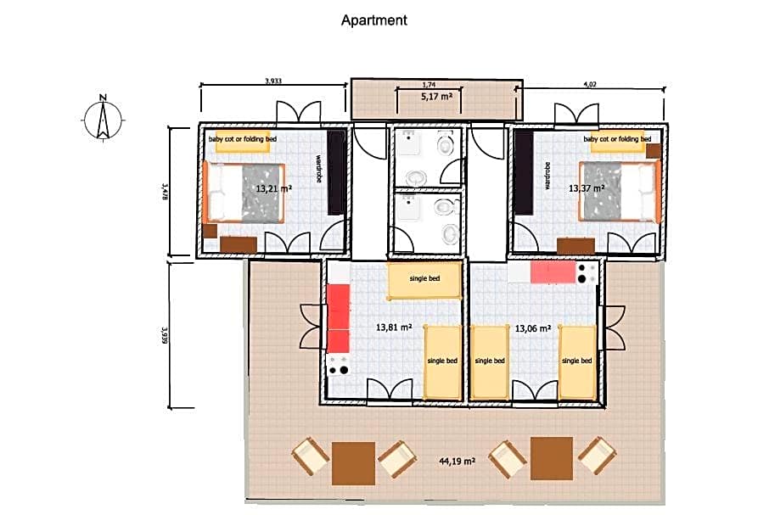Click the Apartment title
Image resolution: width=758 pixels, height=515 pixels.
point(374,20)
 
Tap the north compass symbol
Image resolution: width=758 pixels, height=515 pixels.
point(103,118)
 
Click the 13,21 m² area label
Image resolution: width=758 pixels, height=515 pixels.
point(273,188)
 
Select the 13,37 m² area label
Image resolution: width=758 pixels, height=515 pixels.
point(587,188)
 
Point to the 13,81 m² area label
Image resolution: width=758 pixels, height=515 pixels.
point(394,327)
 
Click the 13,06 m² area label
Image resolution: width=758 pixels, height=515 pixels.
point(533,328)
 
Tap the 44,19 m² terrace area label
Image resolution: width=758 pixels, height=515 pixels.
point(457,462)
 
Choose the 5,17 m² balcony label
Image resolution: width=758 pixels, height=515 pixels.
point(436,97)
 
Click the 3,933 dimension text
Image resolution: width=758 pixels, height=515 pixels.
point(273,81)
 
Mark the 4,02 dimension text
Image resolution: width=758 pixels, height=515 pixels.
point(590,84)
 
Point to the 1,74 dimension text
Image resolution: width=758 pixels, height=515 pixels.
point(429,85)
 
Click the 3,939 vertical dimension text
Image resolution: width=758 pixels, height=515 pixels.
point(165,335)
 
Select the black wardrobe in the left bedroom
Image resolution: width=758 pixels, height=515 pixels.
point(336,172)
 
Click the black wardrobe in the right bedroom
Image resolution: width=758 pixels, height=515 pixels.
point(524,172)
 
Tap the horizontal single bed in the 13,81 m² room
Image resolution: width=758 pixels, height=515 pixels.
point(424,281)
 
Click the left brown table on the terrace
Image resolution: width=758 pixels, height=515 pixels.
point(354,463)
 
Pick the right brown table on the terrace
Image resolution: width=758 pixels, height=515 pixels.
point(552,458)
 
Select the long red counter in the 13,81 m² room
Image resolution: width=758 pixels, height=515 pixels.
point(339,318)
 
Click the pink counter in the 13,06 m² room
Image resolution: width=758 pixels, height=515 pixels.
point(553,272)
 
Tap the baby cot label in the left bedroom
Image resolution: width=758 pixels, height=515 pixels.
point(243,139)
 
